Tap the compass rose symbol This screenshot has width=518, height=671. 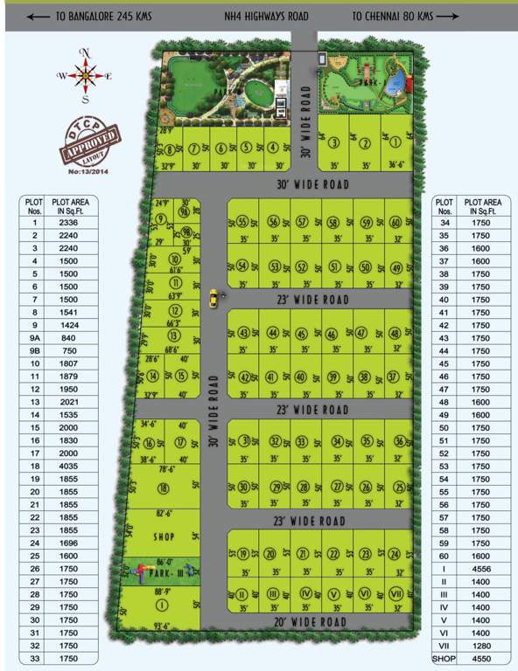point(85,76)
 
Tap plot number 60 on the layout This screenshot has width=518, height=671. point(396,222)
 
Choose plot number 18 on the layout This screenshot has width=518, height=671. point(163,487)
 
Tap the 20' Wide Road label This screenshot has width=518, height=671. point(311,622)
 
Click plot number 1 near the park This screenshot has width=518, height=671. point(395,142)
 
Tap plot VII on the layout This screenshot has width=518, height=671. point(395,594)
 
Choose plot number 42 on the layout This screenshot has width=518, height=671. point(246,377)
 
